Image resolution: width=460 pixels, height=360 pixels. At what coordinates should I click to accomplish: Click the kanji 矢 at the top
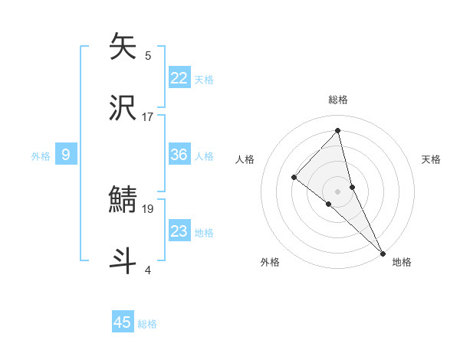pyautogui.click(x=123, y=47)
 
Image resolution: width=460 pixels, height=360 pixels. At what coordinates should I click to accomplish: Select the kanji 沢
pyautogui.click(x=123, y=107)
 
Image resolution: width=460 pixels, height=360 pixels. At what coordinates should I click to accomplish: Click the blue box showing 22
pyautogui.click(x=179, y=77)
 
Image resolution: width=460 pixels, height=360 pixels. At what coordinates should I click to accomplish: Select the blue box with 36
pyautogui.click(x=179, y=155)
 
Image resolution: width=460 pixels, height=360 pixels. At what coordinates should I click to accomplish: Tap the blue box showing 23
pyautogui.click(x=179, y=231)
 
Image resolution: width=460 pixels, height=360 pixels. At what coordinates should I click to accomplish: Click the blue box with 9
pyautogui.click(x=66, y=155)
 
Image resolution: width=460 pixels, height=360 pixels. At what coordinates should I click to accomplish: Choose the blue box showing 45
pyautogui.click(x=123, y=322)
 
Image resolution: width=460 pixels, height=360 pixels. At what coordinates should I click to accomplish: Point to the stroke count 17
pyautogui.click(x=148, y=116)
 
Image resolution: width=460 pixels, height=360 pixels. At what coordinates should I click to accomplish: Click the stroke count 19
pyautogui.click(x=148, y=208)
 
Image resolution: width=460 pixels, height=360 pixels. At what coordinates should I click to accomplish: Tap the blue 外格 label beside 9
pyautogui.click(x=41, y=155)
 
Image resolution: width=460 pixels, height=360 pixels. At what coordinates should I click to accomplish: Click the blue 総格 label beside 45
pyautogui.click(x=147, y=323)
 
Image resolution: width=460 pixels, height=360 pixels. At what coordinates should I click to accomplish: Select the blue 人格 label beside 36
pyautogui.click(x=204, y=155)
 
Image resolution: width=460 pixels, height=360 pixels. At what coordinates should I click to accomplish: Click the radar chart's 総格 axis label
pyautogui.click(x=338, y=100)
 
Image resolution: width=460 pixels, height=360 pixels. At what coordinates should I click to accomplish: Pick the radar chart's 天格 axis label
pyautogui.click(x=432, y=159)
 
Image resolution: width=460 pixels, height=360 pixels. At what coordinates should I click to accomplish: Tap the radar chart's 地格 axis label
pyautogui.click(x=402, y=262)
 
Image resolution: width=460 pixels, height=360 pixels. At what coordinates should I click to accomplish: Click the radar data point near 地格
pyautogui.click(x=382, y=251)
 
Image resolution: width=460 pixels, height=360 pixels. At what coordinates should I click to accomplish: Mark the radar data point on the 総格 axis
pyautogui.click(x=338, y=130)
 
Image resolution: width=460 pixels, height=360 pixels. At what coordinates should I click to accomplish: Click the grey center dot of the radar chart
pyautogui.click(x=338, y=190)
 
